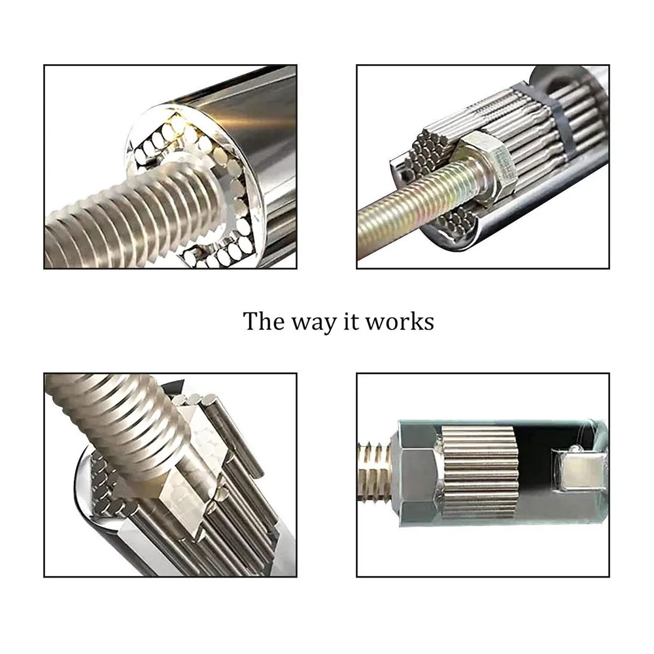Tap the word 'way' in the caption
click(311, 323)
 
